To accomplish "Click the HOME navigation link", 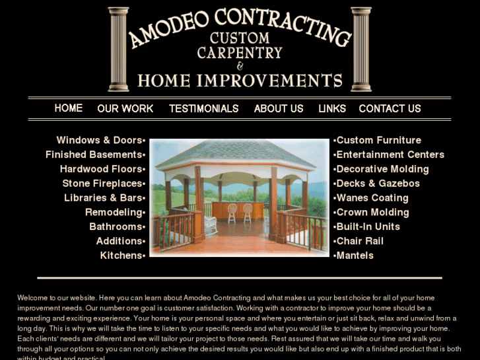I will pos(69,108).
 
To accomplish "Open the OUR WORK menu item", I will pos(125,108).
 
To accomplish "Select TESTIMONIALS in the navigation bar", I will pos(203,108).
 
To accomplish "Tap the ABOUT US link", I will pos(279,108).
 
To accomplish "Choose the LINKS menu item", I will pos(332,108).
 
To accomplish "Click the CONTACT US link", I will pos(390,108).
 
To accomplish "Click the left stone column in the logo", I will pos(118,49).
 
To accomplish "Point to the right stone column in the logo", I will pos(361,49).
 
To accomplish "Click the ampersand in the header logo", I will pos(240,66).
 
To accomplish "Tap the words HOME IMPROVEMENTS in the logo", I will pos(240,81).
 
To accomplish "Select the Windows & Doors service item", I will pos(99,140).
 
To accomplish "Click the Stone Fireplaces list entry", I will pos(102,184).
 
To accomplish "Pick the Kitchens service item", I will pos(121,256).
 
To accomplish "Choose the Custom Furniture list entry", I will pos(378,140).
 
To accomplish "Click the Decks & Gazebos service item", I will pos(378,184).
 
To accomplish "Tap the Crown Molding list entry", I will pos(372,212).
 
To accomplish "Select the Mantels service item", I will pos(355,256).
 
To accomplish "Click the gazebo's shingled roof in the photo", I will pos(240,154).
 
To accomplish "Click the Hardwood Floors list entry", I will pos(101,169).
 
